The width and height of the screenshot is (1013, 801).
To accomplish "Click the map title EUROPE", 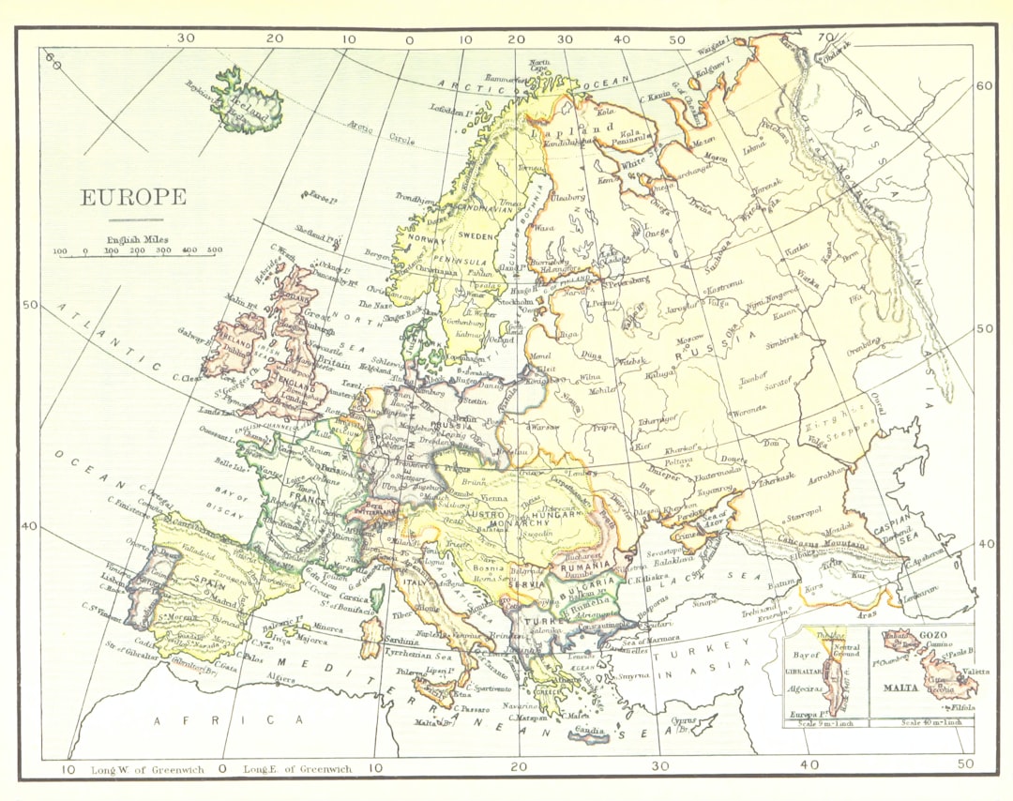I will [x=133, y=198].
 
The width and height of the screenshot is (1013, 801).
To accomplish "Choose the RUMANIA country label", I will [x=582, y=567].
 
